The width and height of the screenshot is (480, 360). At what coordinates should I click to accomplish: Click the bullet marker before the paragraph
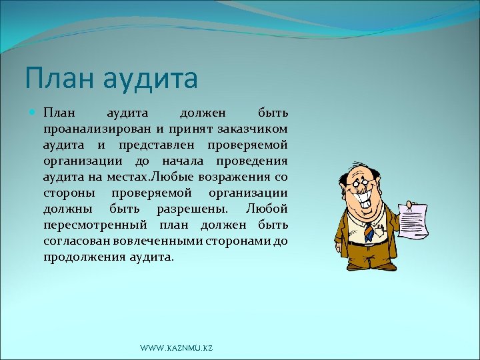point(35,113)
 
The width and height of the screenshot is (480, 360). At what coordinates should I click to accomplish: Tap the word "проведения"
point(254,161)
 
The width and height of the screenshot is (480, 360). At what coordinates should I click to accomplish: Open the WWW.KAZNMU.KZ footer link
point(176,349)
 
